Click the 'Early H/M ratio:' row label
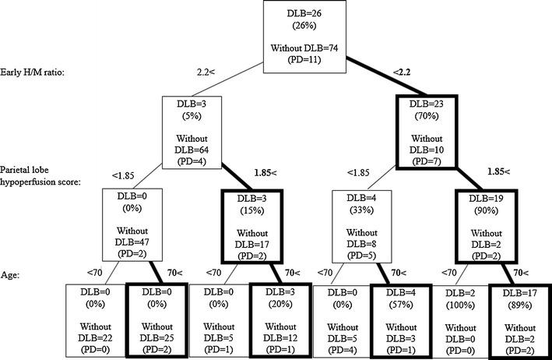pos(36,73)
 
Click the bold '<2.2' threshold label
pos(403,72)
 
